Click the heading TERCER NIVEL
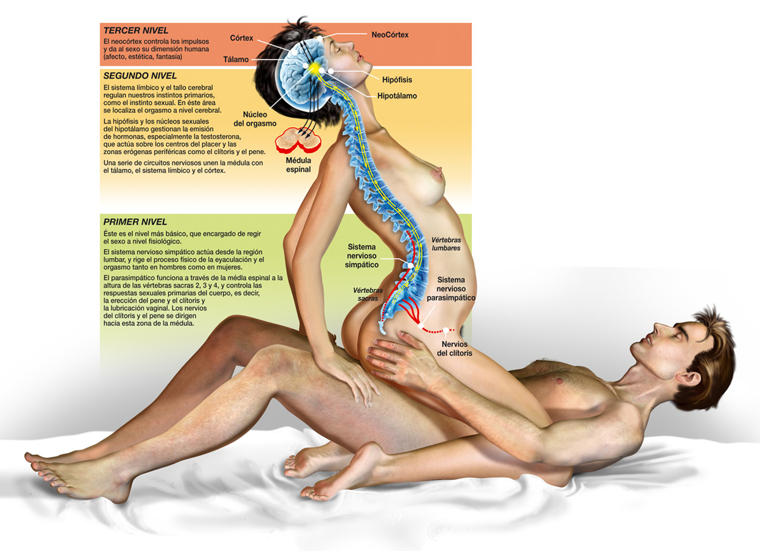[136, 30]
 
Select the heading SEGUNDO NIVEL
[140, 75]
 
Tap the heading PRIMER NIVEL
[135, 222]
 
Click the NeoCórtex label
[390, 35]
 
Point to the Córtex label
[241, 38]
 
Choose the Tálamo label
[236, 60]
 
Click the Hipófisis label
[397, 80]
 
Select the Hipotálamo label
[397, 96]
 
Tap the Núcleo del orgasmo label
[255, 119]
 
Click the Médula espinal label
[298, 165]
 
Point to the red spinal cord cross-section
[298, 139]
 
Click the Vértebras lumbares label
[446, 244]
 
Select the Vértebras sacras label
[368, 295]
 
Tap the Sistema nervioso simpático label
[362, 256]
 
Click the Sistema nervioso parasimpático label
[451, 288]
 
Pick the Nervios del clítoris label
[455, 349]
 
